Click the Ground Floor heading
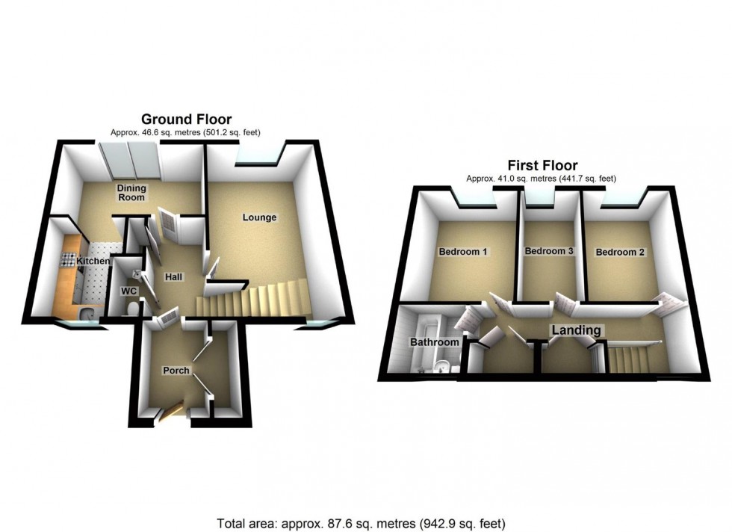[x=186, y=119]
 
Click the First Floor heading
[x=542, y=165]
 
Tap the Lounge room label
[x=259, y=218]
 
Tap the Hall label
[x=173, y=277]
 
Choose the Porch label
[x=176, y=371]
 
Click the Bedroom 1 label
[x=463, y=252]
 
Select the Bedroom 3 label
[x=548, y=252]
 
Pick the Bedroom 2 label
[x=620, y=253]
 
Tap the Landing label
[x=576, y=330]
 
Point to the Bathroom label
[x=434, y=342]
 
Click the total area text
[x=366, y=523]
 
